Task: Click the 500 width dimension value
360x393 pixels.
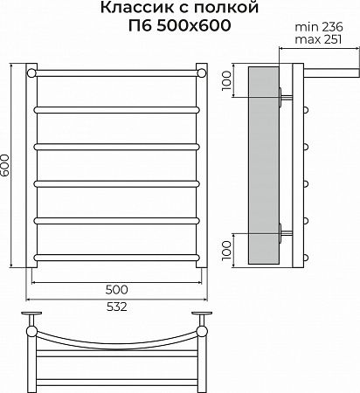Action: (117, 288)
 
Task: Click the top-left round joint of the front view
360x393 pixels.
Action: (32, 72)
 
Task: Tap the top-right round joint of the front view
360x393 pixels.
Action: (202, 72)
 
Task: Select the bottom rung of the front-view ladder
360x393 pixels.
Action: (117, 258)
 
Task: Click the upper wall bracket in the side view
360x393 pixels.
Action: (282, 95)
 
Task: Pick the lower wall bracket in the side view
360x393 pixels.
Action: (282, 231)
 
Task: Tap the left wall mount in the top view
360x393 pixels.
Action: (32, 315)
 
